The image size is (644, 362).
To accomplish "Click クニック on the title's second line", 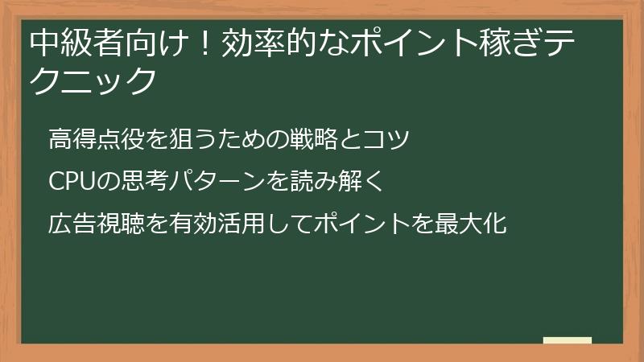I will click(92, 80).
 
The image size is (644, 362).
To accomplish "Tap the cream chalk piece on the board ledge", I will click(567, 340).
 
